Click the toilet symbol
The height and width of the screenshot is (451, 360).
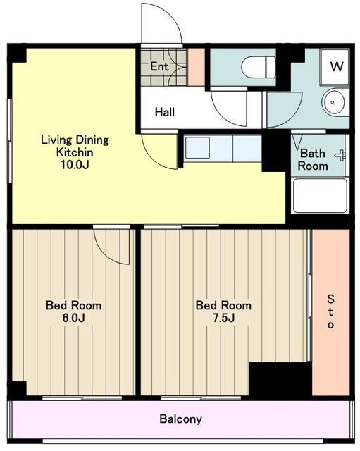click(x=259, y=68)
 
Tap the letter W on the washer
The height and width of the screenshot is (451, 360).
click(x=337, y=66)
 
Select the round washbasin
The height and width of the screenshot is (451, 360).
click(x=333, y=101)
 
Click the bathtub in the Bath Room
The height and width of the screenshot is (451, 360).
click(x=320, y=196)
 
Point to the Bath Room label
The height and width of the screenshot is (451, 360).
click(x=313, y=160)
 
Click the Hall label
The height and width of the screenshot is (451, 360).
click(x=164, y=112)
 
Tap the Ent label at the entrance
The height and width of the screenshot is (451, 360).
click(x=159, y=66)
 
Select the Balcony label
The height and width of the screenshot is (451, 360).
click(x=180, y=419)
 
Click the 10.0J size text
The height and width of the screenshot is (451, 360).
click(x=75, y=165)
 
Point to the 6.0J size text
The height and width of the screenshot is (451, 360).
click(x=73, y=318)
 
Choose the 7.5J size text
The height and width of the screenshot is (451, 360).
click(x=223, y=318)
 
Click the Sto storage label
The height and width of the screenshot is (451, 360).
click(x=330, y=311)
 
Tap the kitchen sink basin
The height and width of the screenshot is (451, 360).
click(x=197, y=148)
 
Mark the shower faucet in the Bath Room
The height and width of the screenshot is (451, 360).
click(x=340, y=155)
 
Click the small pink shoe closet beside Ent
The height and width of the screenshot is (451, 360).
click(x=196, y=67)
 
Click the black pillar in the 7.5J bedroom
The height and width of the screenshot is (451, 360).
click(x=280, y=379)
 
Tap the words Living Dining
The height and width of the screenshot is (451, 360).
click(x=75, y=140)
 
